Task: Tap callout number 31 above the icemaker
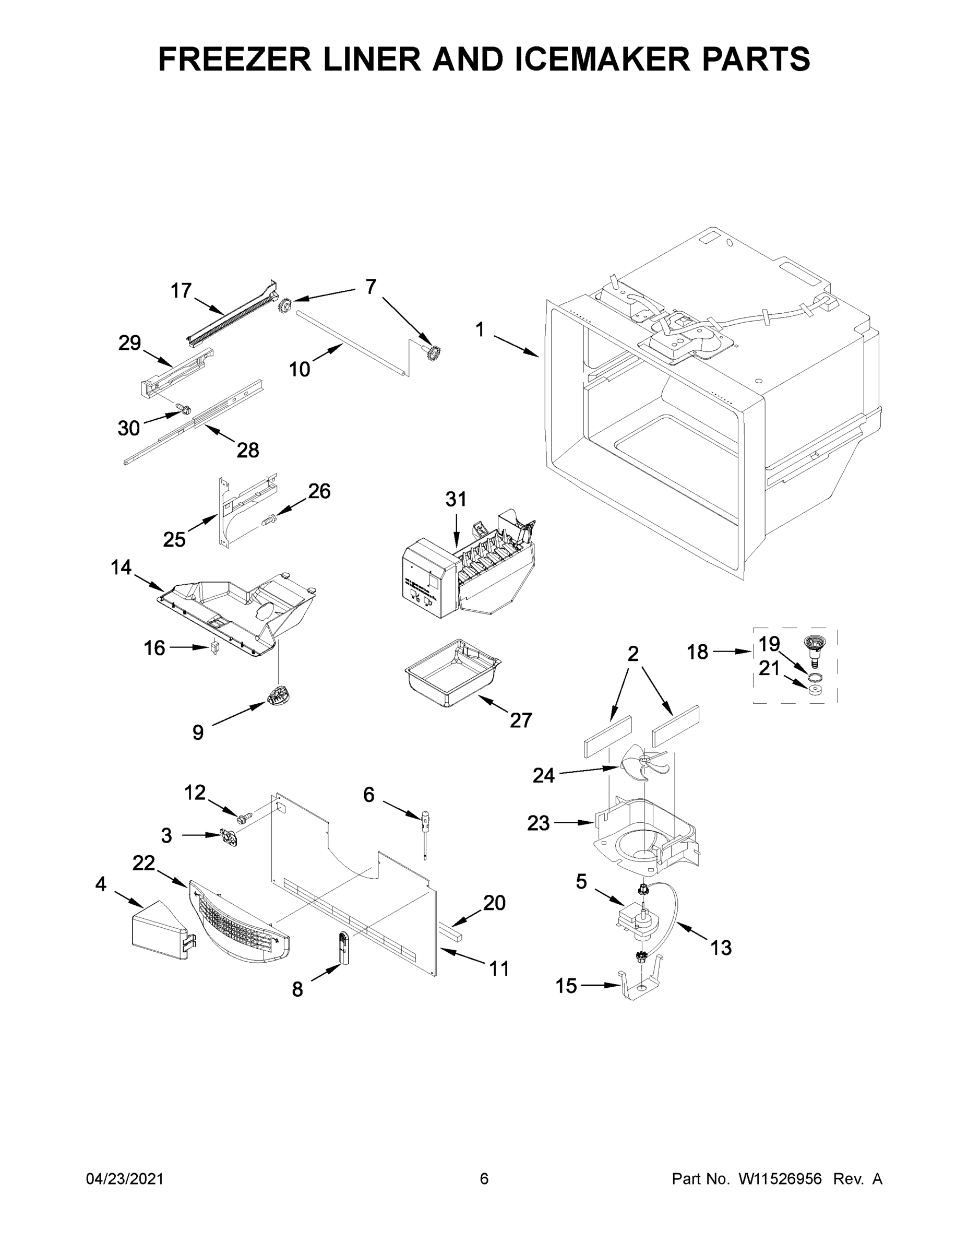(x=456, y=499)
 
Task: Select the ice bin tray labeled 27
(x=453, y=673)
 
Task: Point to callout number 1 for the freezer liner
(x=480, y=330)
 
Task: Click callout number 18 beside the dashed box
(x=698, y=652)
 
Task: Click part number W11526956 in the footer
(x=780, y=1179)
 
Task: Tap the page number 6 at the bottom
(x=484, y=1179)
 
